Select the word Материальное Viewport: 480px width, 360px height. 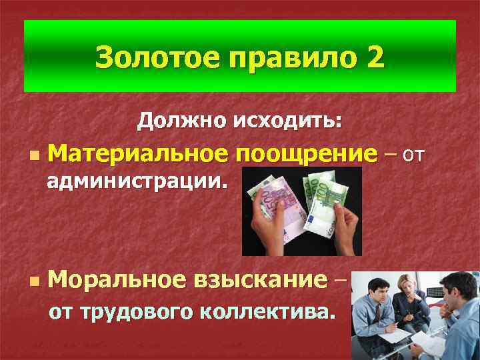click(136, 153)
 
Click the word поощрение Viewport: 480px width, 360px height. click(304, 155)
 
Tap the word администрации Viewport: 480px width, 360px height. click(136, 180)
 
